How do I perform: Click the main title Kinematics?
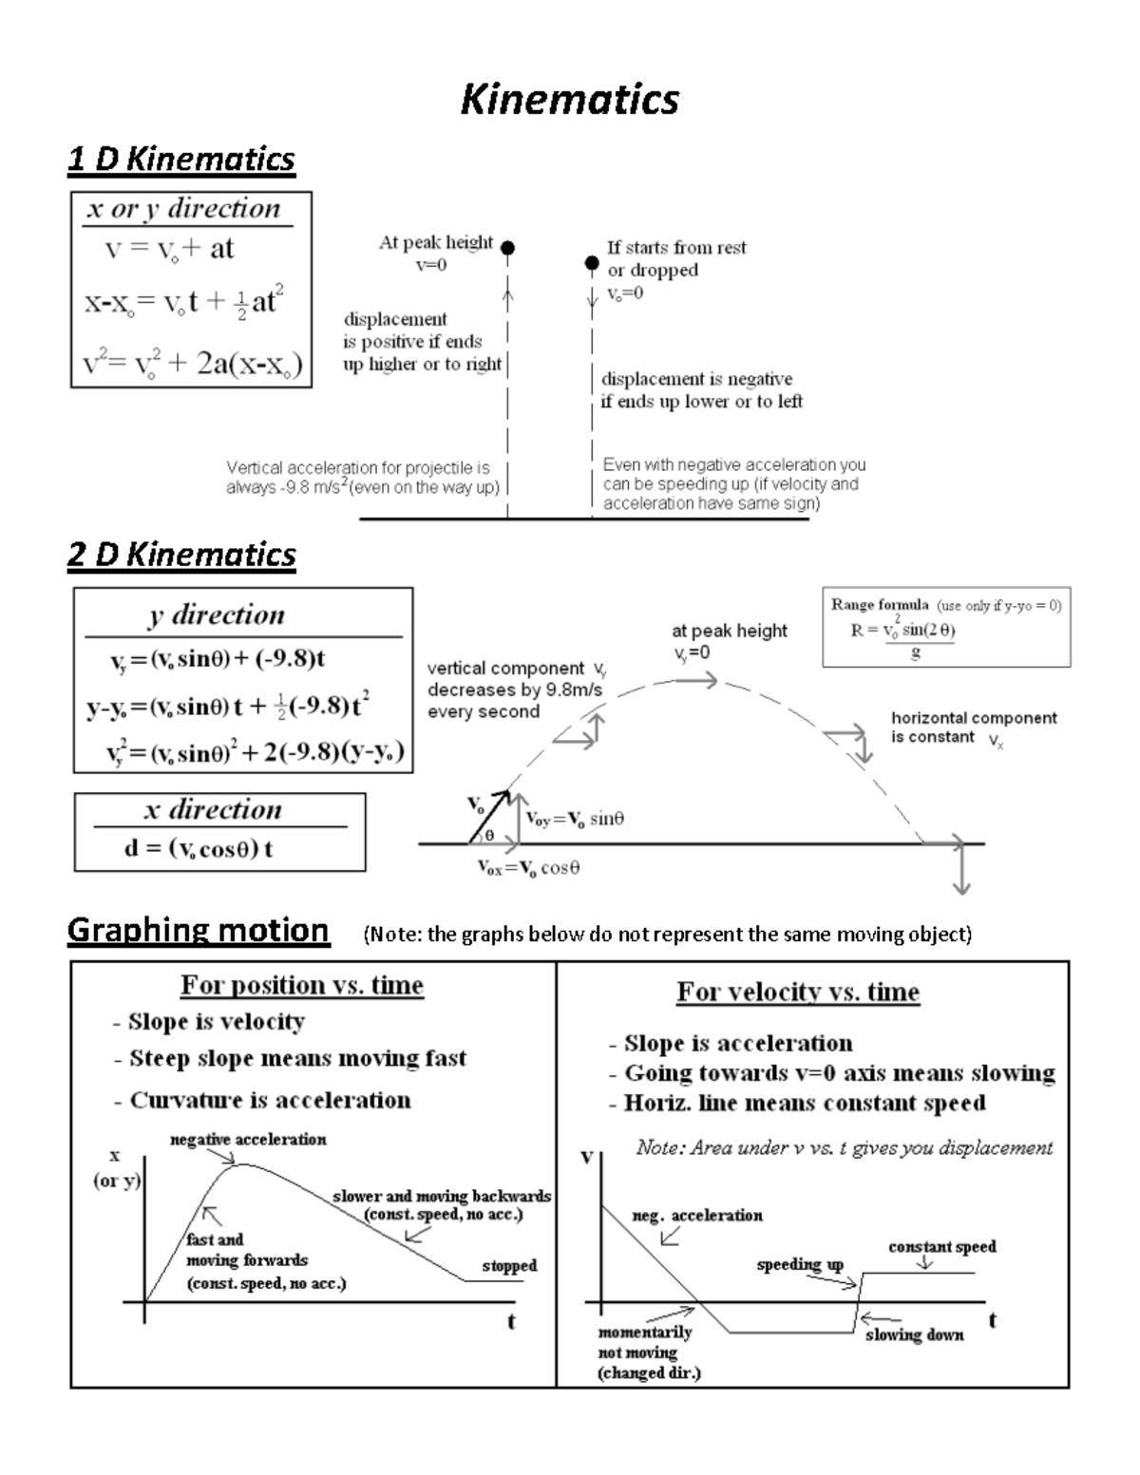[569, 99]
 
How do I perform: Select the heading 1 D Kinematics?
[180, 159]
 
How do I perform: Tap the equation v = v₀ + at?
[169, 249]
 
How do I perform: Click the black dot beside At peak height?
[508, 248]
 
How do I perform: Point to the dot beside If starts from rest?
[591, 262]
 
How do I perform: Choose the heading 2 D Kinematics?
[181, 554]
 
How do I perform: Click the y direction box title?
[217, 615]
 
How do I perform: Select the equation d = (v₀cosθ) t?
[199, 848]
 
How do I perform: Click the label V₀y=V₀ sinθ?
[575, 819]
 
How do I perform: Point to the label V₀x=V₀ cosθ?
[528, 867]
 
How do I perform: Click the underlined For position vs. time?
[302, 985]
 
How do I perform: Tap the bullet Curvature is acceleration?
[263, 1100]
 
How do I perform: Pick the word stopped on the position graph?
[509, 1265]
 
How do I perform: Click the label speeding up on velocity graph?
[800, 1264]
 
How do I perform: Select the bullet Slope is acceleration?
[731, 1043]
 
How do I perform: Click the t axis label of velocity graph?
[992, 1319]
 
